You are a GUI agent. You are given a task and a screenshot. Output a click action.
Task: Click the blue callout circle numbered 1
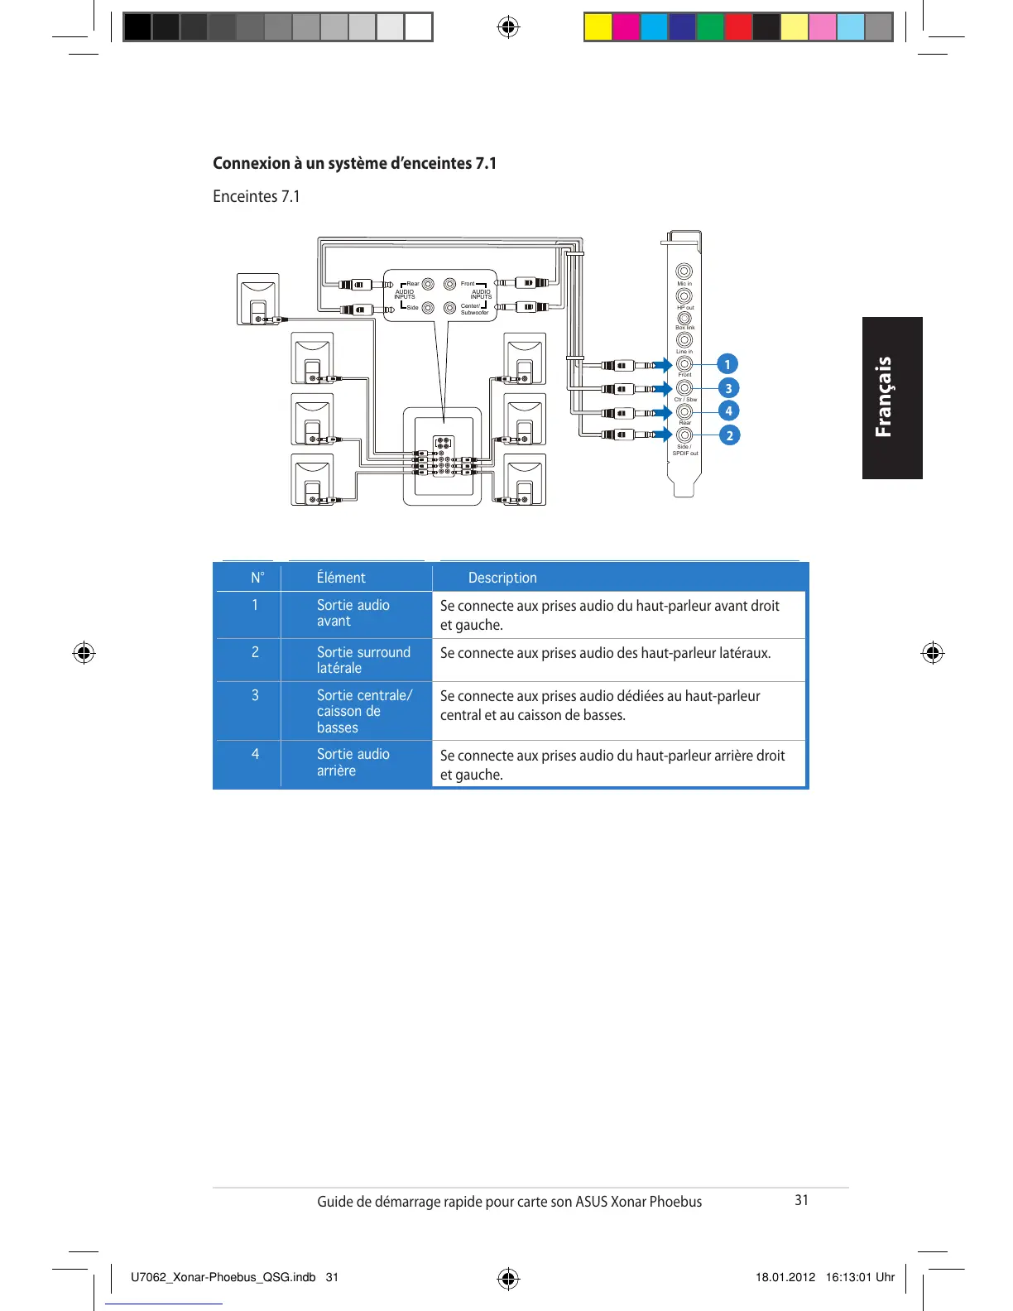coord(727,364)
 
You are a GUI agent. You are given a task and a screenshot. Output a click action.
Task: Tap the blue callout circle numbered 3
coord(728,388)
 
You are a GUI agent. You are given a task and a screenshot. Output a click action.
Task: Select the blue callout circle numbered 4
coord(728,411)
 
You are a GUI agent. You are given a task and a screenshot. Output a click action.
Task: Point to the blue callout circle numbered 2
coord(729,435)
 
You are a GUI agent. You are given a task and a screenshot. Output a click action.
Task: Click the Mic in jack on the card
coord(684,271)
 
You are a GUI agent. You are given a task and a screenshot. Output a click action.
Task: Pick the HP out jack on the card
coord(684,295)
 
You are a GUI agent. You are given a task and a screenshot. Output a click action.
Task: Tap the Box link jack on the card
coord(684,318)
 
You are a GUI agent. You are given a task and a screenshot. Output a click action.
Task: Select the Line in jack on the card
coord(684,340)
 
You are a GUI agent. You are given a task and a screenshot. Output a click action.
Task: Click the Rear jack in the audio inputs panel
coord(428,284)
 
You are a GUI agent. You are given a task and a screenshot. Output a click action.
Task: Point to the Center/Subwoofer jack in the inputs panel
coord(450,308)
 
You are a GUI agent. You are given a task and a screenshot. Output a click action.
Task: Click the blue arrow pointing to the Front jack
coord(662,365)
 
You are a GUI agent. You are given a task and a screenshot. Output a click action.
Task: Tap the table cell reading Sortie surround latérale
coord(363,660)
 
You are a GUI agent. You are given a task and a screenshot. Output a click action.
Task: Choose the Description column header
coord(502,578)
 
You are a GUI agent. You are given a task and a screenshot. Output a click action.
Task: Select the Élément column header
coord(341,578)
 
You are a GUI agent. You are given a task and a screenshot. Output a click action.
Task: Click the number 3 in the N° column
coord(255,695)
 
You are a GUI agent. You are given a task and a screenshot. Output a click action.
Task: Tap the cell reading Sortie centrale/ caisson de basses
coord(364,711)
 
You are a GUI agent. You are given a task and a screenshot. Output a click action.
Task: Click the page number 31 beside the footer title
coord(801,1200)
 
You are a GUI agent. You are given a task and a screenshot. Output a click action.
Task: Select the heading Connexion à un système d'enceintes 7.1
coord(354,163)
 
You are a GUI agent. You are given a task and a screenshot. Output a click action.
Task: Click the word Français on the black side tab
coord(884,396)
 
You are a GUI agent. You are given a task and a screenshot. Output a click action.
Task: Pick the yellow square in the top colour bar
coord(598,27)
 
